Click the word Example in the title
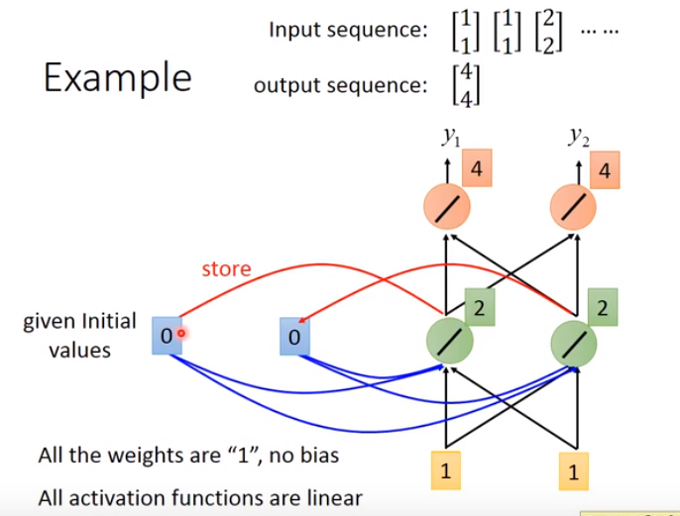pos(117,77)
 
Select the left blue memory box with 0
pos(167,337)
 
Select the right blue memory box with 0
pos(293,338)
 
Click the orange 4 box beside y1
pos(478,169)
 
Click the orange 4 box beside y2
pos(605,170)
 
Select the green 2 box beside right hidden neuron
pos(603,307)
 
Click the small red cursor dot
pos(181,334)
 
